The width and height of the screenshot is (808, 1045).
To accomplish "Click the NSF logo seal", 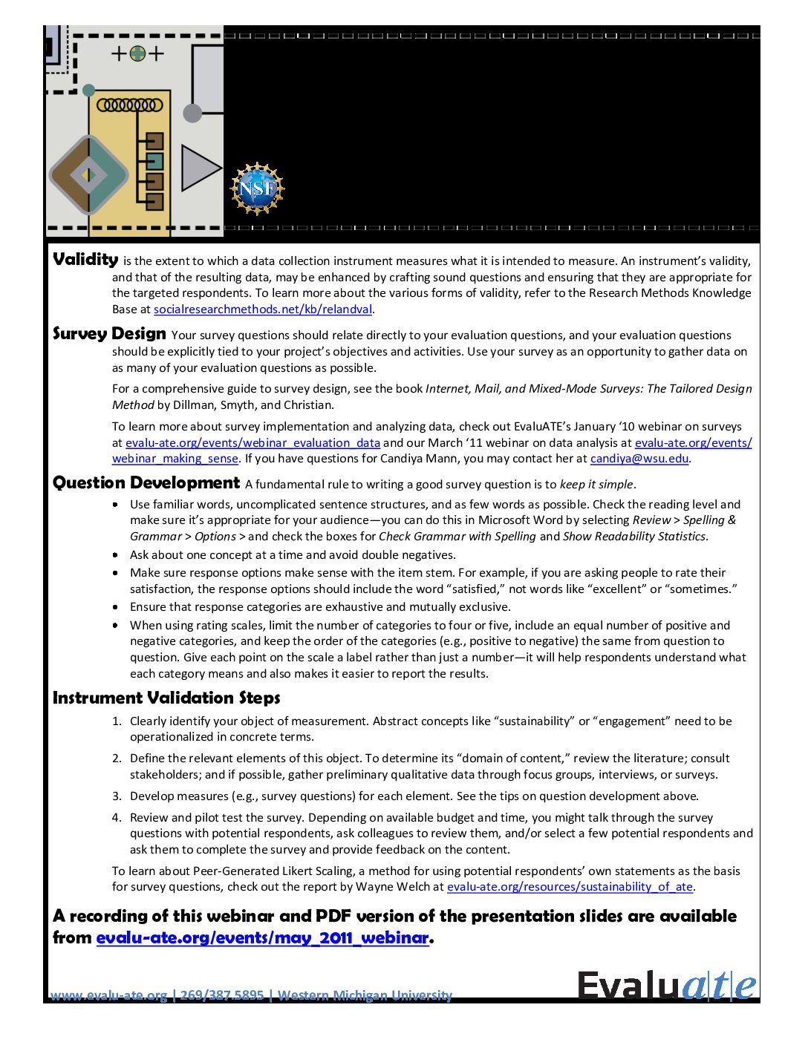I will click(257, 189).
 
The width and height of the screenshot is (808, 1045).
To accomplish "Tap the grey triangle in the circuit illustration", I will click(199, 168).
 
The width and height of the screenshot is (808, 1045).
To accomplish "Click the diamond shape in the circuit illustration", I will click(88, 175).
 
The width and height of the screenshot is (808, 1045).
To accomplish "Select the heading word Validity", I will click(85, 259).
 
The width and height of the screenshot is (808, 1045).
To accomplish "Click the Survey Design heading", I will click(109, 333).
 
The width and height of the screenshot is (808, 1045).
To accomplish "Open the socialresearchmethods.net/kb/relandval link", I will click(263, 309).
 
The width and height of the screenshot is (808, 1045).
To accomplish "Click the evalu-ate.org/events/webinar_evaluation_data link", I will click(252, 443).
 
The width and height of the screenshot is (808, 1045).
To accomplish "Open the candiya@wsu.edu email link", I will click(639, 459).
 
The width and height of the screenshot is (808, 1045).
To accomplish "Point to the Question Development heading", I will click(146, 483).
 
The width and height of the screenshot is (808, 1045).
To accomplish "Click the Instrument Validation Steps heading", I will click(166, 698).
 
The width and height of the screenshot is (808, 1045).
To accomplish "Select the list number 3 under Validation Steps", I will click(117, 796).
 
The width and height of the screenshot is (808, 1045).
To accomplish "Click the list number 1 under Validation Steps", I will click(117, 721).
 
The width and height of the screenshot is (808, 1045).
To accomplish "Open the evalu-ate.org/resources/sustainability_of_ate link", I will click(570, 887).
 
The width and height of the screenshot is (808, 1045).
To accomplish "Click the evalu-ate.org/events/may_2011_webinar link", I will click(263, 938).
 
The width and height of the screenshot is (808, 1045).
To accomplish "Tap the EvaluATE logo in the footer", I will click(667, 986).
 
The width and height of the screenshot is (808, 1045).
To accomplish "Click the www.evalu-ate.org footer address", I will click(108, 995).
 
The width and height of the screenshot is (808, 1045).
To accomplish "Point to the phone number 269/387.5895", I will click(222, 995).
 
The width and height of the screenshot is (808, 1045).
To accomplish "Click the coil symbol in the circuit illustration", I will click(129, 105).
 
